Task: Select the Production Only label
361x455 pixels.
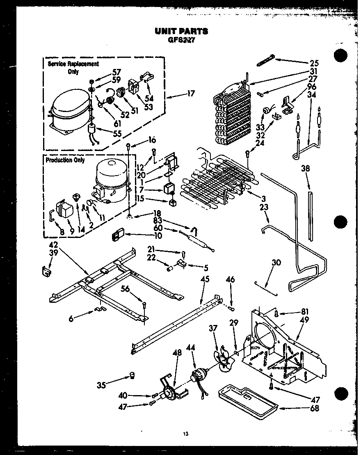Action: pyautogui.click(x=65, y=160)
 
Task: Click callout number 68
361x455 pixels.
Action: pyautogui.click(x=315, y=408)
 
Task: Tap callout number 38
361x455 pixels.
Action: pyautogui.click(x=305, y=168)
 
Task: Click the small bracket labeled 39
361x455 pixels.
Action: pyautogui.click(x=48, y=271)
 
